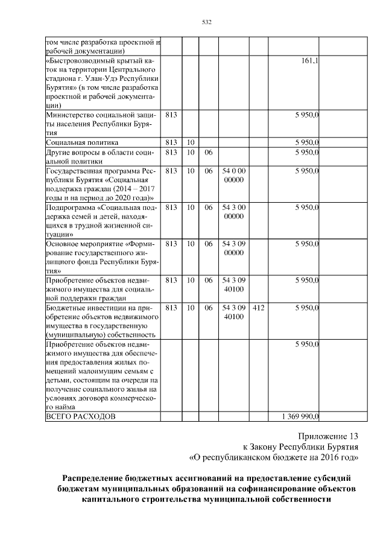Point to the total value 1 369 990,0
[x=300, y=416]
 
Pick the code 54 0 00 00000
[x=233, y=176]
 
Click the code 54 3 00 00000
[x=233, y=212]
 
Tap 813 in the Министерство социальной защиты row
[x=171, y=115]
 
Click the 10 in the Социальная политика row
[x=190, y=142]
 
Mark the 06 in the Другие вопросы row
[x=209, y=153]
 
